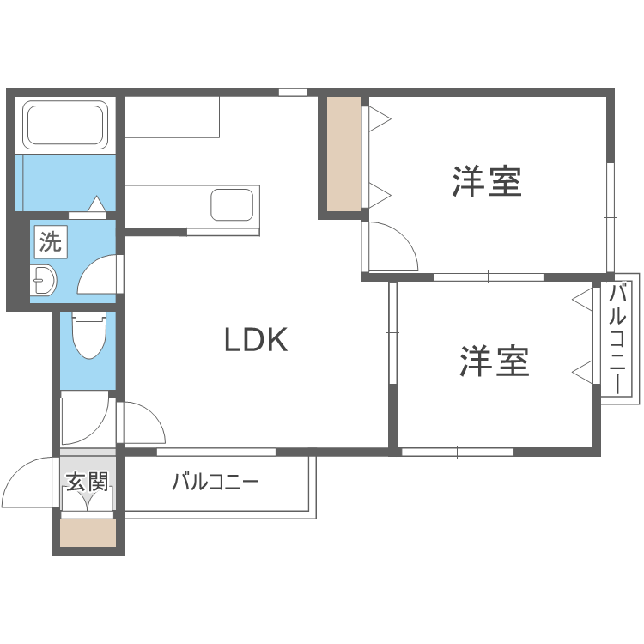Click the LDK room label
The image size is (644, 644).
coord(255,341)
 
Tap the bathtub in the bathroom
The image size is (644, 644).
coord(65,125)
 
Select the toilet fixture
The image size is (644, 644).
coord(88,336)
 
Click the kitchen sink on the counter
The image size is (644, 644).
coord(232,205)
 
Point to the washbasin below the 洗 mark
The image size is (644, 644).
coord(43,279)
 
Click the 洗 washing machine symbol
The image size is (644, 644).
coord(51,242)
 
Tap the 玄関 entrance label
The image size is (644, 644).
coord(88,482)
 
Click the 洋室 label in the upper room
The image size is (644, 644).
coord(488,182)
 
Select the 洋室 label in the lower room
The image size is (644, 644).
coord(495,361)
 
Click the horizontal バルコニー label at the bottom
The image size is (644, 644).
coord(215,482)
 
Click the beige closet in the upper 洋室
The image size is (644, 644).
coord(343,155)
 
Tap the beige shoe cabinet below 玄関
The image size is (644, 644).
coord(88,533)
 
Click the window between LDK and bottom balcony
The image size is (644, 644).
coord(216,452)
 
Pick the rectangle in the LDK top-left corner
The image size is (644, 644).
coord(173,117)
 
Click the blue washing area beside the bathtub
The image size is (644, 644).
coord(65,182)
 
